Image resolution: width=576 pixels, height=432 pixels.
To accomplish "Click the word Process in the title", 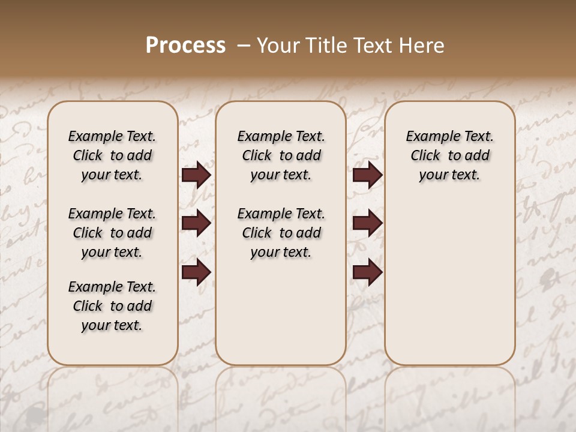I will click(185, 46).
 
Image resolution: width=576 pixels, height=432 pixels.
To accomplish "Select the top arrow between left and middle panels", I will click(196, 175).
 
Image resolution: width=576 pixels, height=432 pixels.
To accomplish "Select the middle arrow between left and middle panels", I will click(196, 224).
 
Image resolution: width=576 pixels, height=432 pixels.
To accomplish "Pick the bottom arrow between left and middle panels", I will click(196, 273).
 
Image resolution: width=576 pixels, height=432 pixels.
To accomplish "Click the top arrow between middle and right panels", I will click(368, 175).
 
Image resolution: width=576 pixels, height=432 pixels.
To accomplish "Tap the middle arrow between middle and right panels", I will click(368, 224).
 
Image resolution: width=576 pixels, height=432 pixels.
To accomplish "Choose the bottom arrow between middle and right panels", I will click(368, 273).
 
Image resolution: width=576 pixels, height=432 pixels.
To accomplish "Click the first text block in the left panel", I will click(112, 155).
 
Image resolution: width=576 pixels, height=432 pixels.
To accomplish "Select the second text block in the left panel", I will click(112, 233).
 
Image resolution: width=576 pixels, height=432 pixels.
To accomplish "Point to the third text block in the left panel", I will click(112, 306).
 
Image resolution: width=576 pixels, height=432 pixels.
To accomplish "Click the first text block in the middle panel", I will click(281, 155).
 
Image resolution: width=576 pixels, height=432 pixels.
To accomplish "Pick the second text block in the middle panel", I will click(281, 233).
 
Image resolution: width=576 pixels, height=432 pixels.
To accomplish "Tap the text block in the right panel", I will click(449, 155).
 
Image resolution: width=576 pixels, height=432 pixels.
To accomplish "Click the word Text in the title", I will click(374, 46).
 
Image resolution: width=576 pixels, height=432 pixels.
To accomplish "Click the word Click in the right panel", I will click(425, 156).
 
